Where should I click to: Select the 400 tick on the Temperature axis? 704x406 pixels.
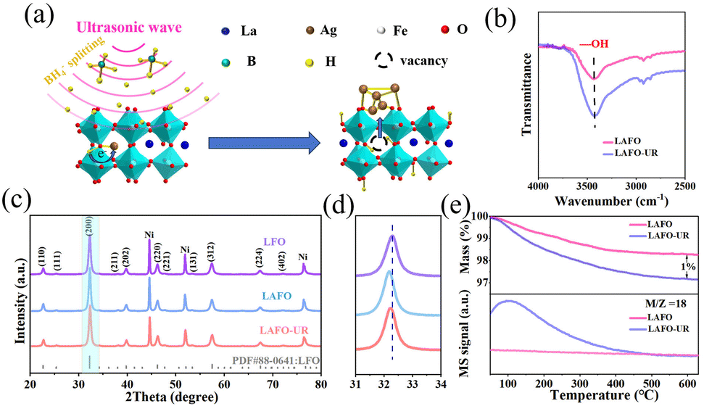click(615, 382)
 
